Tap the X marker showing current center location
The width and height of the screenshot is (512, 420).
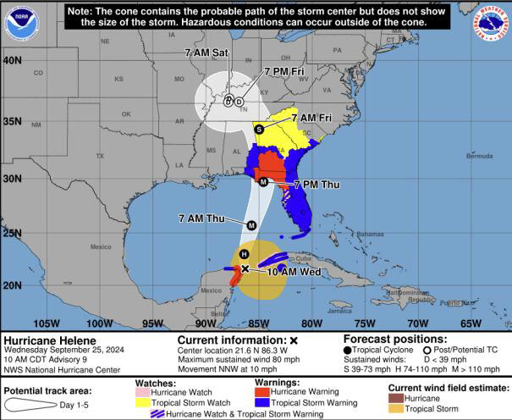coord(245,268)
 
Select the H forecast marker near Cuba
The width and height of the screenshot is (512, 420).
coord(245,254)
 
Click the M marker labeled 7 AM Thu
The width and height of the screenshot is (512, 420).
coord(251,224)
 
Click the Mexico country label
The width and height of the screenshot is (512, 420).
coord(100,247)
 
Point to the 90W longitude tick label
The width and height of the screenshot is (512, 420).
coord(206,323)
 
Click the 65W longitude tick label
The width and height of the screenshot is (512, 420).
coord(470,323)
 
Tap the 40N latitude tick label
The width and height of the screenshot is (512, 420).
coord(12,61)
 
